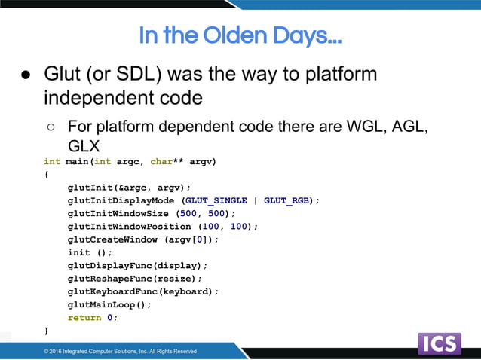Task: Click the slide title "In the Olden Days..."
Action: click(240, 35)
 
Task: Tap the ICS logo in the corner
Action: click(439, 343)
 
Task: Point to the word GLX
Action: click(84, 146)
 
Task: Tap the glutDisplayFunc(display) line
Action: click(137, 266)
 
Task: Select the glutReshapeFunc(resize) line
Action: click(135, 279)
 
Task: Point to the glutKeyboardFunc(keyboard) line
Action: click(143, 291)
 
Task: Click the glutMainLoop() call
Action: click(109, 304)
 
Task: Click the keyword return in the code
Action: click(84, 318)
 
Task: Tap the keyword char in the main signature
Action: click(161, 161)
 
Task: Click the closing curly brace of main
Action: click(46, 331)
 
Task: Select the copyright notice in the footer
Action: click(120, 351)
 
